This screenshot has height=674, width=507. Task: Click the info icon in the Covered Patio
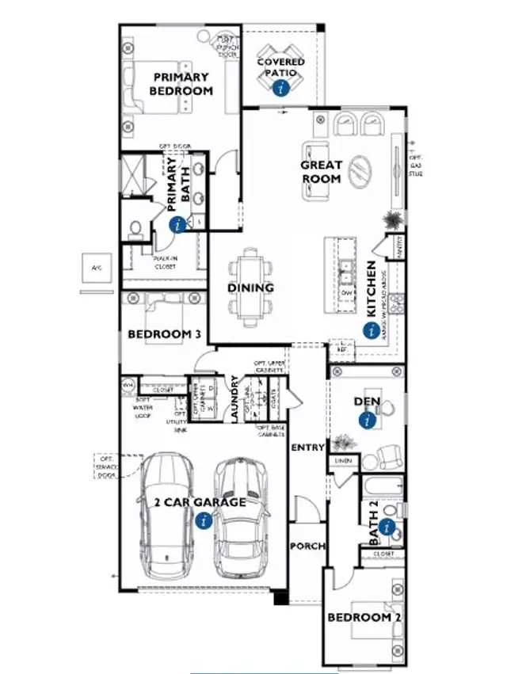tap(279, 89)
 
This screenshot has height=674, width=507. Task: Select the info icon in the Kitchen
tap(370, 331)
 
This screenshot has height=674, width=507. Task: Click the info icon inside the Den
tap(367, 421)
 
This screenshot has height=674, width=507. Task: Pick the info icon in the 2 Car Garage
tap(204, 520)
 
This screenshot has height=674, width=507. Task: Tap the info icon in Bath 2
tap(387, 527)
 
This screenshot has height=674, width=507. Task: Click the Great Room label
tap(321, 172)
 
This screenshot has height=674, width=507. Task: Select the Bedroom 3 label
tap(164, 334)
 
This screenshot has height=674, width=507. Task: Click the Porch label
tap(306, 546)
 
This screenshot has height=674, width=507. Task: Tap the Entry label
tap(307, 447)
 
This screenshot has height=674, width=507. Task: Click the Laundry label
tap(234, 401)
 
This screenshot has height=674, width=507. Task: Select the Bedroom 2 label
tap(359, 617)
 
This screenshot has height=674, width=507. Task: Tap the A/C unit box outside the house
tap(97, 268)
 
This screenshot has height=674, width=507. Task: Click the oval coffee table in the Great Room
tap(360, 169)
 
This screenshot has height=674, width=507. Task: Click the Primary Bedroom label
tap(181, 84)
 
